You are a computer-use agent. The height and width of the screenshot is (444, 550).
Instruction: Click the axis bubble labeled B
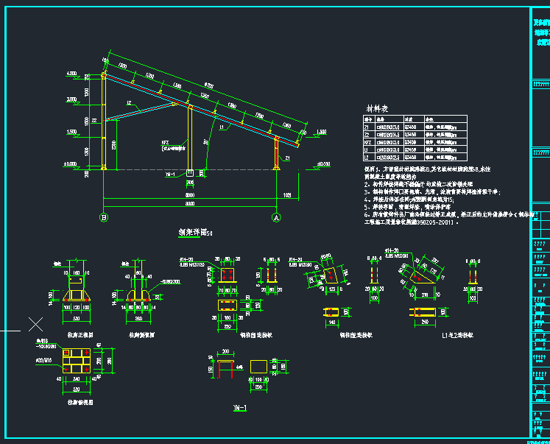click(x=104, y=217)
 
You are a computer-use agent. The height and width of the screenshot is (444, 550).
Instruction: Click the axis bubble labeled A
click(x=277, y=217)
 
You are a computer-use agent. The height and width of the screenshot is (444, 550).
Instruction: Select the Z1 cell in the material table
click(x=369, y=127)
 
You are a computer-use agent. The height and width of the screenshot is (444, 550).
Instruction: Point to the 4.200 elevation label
click(x=72, y=74)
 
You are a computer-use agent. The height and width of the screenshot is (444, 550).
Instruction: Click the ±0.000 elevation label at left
click(x=71, y=163)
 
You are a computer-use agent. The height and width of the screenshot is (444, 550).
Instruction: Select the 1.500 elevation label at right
click(x=321, y=132)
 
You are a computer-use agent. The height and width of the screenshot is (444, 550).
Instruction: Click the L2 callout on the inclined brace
click(x=128, y=102)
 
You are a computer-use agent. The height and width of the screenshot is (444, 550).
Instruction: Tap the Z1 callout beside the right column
click(x=287, y=158)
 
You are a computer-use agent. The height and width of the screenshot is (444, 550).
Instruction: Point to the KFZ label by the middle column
click(x=165, y=142)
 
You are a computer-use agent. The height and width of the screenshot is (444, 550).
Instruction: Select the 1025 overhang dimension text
click(x=288, y=195)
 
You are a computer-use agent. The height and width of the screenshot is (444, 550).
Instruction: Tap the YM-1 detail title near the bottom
click(x=238, y=407)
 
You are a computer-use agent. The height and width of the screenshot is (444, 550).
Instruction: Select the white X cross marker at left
click(x=35, y=324)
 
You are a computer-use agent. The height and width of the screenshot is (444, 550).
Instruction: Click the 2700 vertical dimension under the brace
click(x=114, y=145)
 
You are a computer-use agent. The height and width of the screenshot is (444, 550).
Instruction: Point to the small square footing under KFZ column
click(x=191, y=174)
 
